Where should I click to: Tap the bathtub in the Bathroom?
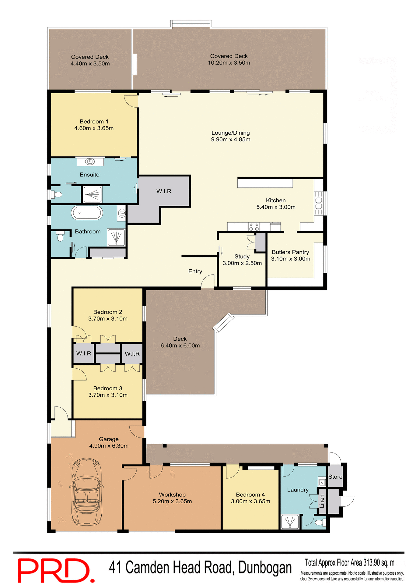point(87,213)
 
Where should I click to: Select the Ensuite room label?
point(89,175)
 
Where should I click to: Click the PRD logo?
point(56,570)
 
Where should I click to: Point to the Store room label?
point(335,477)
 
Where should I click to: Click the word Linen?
point(322,501)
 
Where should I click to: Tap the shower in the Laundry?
point(290,521)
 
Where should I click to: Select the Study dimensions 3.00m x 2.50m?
point(242,263)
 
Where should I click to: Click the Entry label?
point(195,271)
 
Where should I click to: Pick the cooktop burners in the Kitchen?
point(254,226)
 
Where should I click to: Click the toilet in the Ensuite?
point(57,194)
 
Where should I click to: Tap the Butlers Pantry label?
point(290,252)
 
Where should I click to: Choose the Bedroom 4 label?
point(250,495)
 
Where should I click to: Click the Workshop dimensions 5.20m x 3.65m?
point(172,501)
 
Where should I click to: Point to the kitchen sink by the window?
point(318,203)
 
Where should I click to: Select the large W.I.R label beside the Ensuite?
point(164,191)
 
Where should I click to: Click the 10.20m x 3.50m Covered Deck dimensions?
point(229,63)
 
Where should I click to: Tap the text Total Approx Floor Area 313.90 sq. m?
point(350,562)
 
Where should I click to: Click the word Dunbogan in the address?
point(265,568)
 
